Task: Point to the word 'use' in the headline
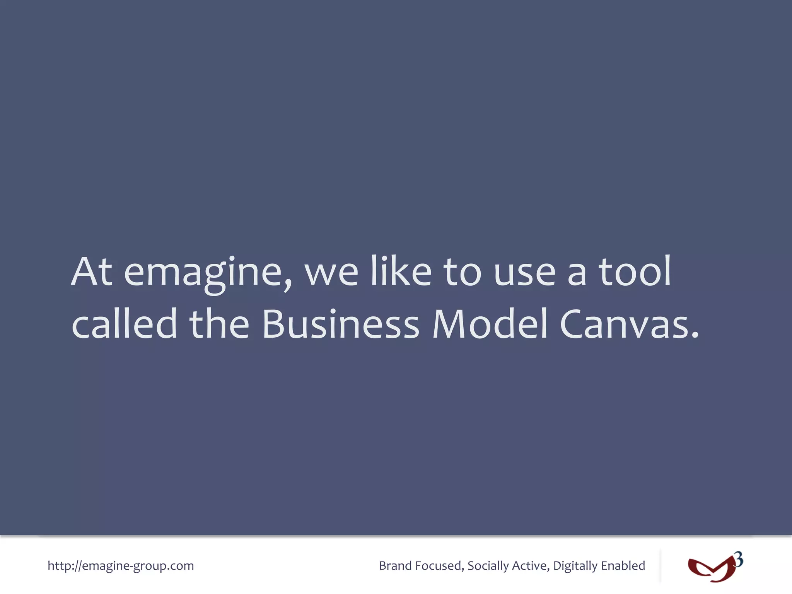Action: click(x=525, y=273)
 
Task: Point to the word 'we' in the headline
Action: click(x=331, y=273)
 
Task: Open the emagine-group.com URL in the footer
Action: click(x=121, y=566)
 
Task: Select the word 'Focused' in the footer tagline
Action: click(x=439, y=566)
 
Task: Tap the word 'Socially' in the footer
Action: click(x=488, y=566)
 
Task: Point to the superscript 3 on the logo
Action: click(x=739, y=560)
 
